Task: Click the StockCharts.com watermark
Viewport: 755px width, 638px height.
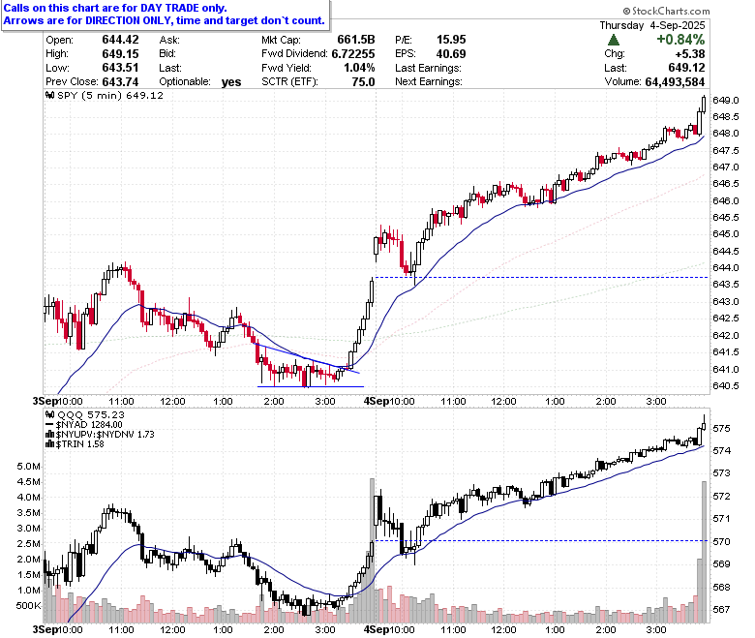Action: (666, 11)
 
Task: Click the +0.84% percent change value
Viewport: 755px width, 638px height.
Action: (680, 40)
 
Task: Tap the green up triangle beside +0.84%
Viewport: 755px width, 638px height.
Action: (614, 40)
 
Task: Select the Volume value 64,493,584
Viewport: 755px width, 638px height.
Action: (675, 82)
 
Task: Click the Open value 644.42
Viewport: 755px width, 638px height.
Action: (120, 40)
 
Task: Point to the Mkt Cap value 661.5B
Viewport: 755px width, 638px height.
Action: (356, 40)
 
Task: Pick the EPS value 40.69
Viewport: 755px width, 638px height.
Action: (451, 54)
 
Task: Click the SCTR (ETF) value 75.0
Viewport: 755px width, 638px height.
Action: (363, 82)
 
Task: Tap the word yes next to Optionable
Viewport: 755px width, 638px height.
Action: (231, 82)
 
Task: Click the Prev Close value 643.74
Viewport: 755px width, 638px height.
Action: (120, 82)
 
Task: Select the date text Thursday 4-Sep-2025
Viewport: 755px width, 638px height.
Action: (652, 25)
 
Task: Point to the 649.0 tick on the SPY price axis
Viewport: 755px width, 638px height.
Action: (726, 100)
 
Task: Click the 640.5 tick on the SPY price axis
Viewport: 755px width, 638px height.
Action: (726, 385)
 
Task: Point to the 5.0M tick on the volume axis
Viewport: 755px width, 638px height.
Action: (28, 466)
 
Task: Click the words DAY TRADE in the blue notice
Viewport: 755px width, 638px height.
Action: (176, 8)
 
